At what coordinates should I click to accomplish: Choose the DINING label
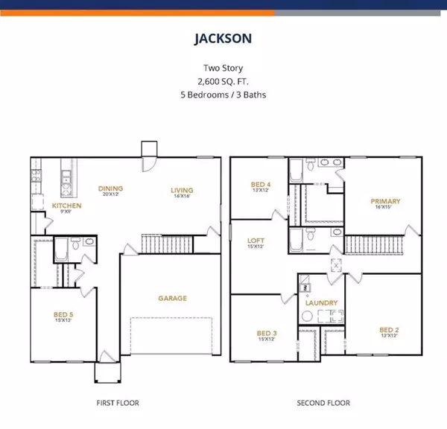click(110, 188)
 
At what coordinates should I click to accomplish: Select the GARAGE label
click(171, 298)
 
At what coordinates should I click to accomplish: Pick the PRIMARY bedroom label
click(386, 201)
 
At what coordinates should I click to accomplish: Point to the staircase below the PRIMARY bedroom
click(376, 244)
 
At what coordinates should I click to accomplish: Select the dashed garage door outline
click(172, 334)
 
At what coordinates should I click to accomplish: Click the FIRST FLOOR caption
click(117, 403)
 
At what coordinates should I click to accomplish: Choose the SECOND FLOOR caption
click(324, 403)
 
